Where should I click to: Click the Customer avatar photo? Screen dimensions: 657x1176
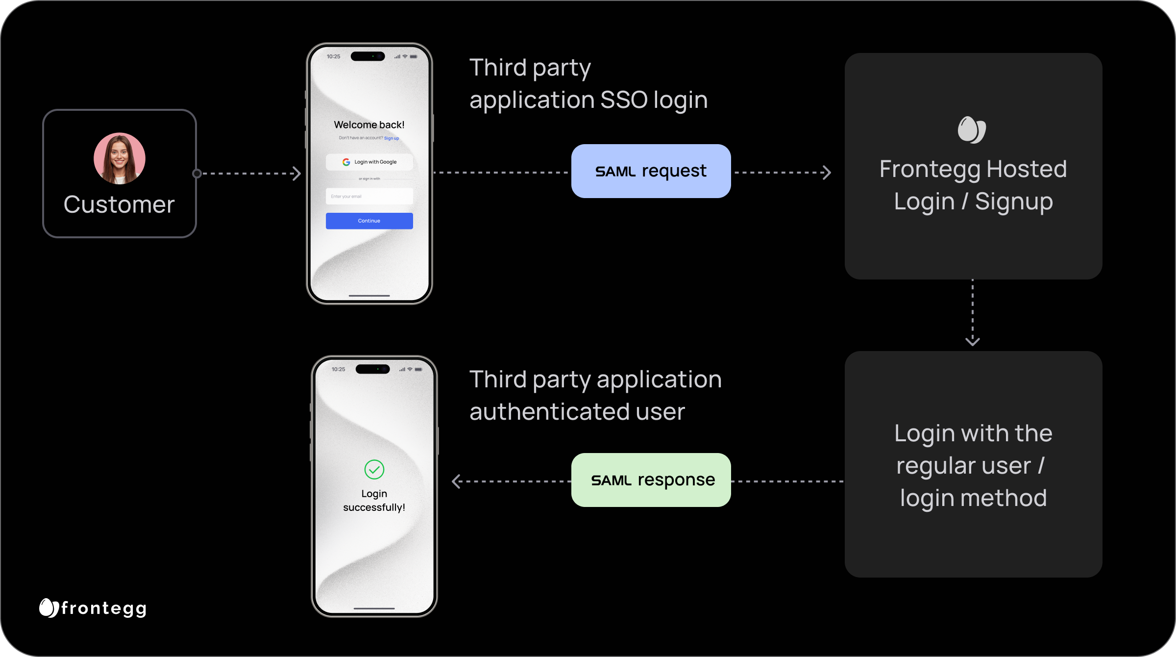120,158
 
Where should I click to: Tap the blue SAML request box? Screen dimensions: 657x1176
651,171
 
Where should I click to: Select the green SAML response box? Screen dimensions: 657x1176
651,480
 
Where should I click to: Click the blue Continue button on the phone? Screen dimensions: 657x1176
369,221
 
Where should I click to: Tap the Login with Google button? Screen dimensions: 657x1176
369,162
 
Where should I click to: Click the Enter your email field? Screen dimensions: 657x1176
369,196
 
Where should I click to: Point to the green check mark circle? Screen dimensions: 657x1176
374,469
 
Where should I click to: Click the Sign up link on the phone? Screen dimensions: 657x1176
392,138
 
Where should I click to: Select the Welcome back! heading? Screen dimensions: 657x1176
369,125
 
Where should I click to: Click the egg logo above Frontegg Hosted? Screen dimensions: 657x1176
972,130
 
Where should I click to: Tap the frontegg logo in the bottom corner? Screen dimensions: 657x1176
93,608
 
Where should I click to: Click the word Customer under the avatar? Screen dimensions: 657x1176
119,204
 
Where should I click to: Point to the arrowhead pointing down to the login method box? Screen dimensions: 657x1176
973,341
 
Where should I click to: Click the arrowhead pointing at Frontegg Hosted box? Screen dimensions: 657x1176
827,173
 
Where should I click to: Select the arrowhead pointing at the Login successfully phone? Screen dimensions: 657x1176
456,481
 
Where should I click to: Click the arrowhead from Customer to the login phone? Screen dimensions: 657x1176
296,174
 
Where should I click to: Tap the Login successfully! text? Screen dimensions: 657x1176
374,501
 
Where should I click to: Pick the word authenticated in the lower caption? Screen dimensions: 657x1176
549,412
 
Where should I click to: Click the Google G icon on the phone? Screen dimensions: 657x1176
346,162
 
